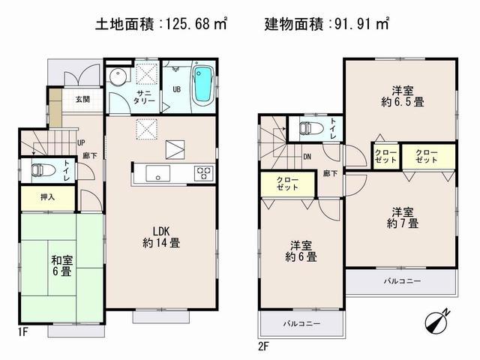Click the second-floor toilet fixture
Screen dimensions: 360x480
(307, 128)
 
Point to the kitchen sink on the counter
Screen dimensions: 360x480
(158, 175)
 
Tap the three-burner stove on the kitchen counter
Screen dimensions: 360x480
(202, 173)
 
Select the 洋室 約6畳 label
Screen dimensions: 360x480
(302, 250)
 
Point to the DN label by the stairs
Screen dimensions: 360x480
(307, 157)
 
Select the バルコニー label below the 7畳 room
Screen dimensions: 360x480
(403, 280)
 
